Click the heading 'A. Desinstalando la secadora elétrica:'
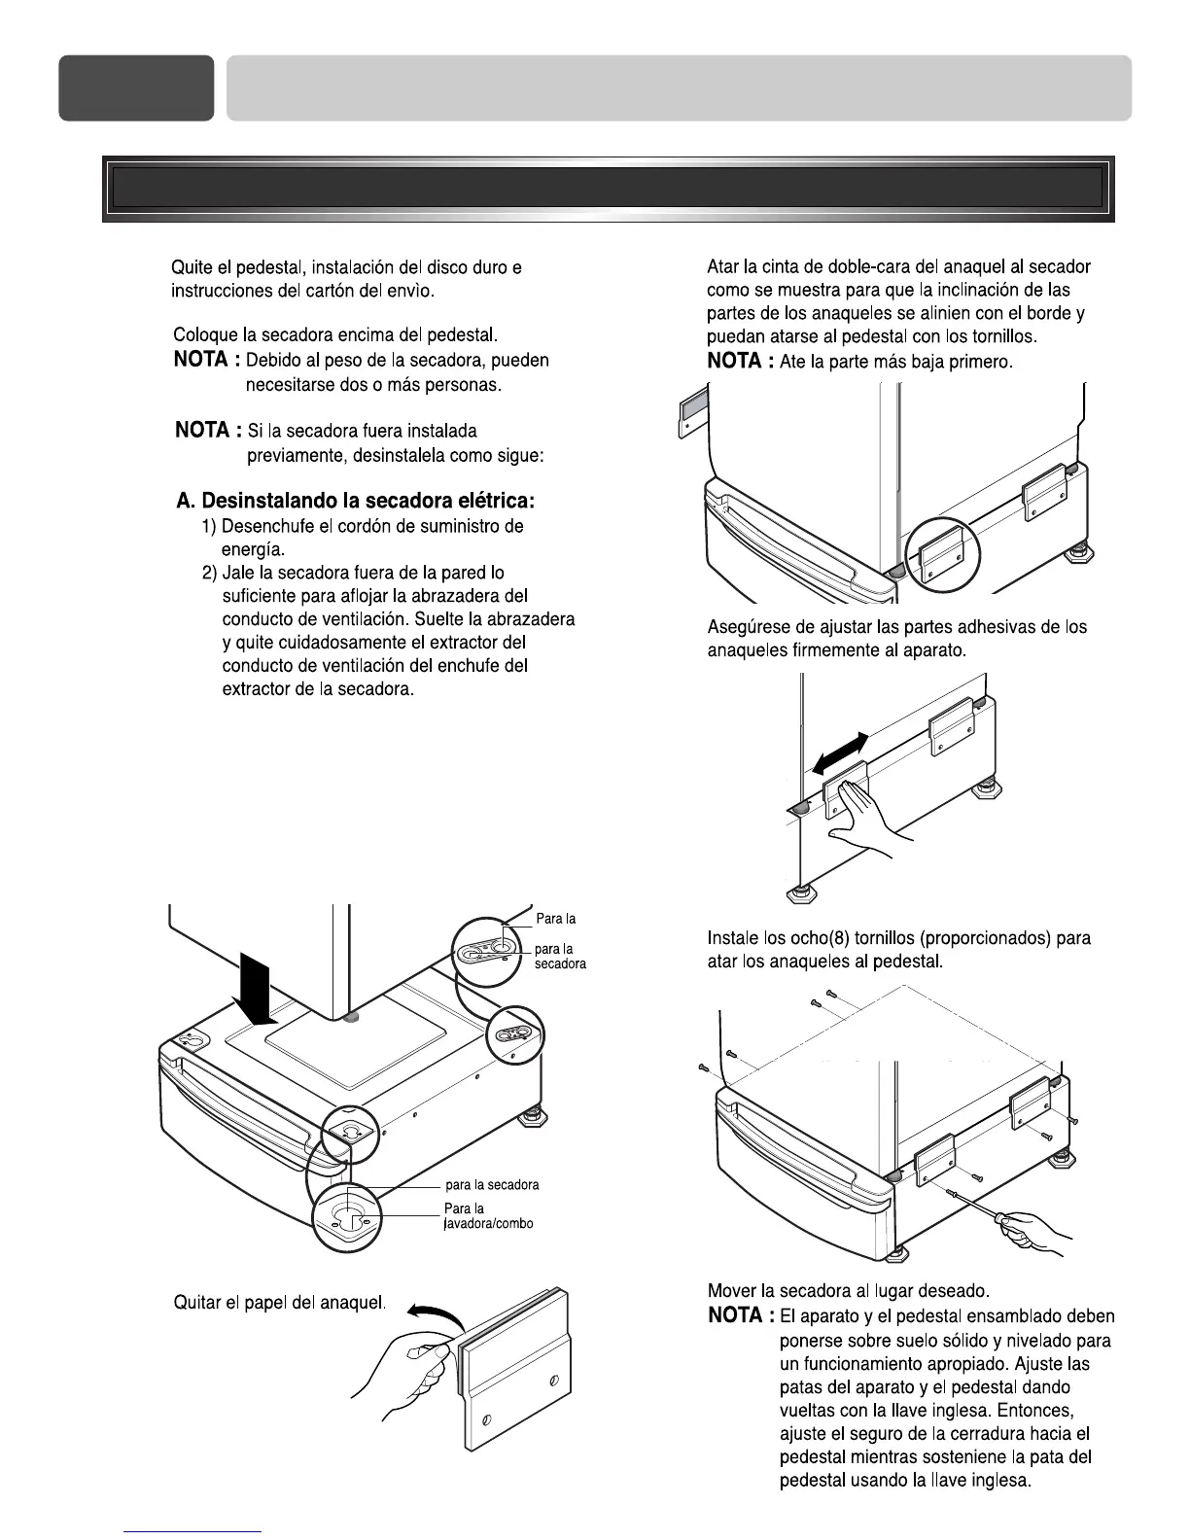355,502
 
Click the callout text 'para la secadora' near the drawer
491,1185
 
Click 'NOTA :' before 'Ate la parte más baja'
740,362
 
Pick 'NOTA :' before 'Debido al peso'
207,361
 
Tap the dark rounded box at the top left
136,87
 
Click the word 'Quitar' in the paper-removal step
196,1301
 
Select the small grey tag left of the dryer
688,410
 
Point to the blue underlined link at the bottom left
193,1531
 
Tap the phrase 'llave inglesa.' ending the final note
981,1508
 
